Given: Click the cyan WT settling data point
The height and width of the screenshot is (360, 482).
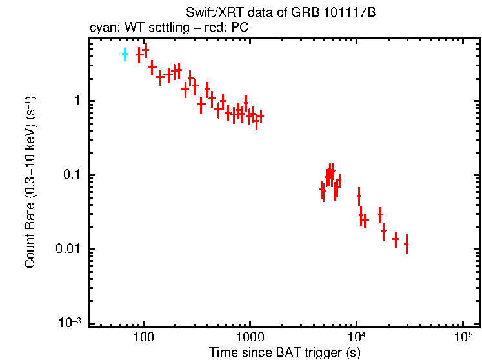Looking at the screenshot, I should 125,55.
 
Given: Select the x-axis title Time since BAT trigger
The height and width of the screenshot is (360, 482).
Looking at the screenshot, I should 284,352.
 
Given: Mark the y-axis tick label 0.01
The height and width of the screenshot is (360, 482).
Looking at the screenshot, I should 67,250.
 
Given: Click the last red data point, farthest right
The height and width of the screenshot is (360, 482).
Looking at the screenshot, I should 406,244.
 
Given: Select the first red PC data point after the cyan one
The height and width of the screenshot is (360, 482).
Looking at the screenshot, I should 139,55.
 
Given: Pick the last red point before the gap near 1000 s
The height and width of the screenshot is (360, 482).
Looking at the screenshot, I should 260,116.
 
